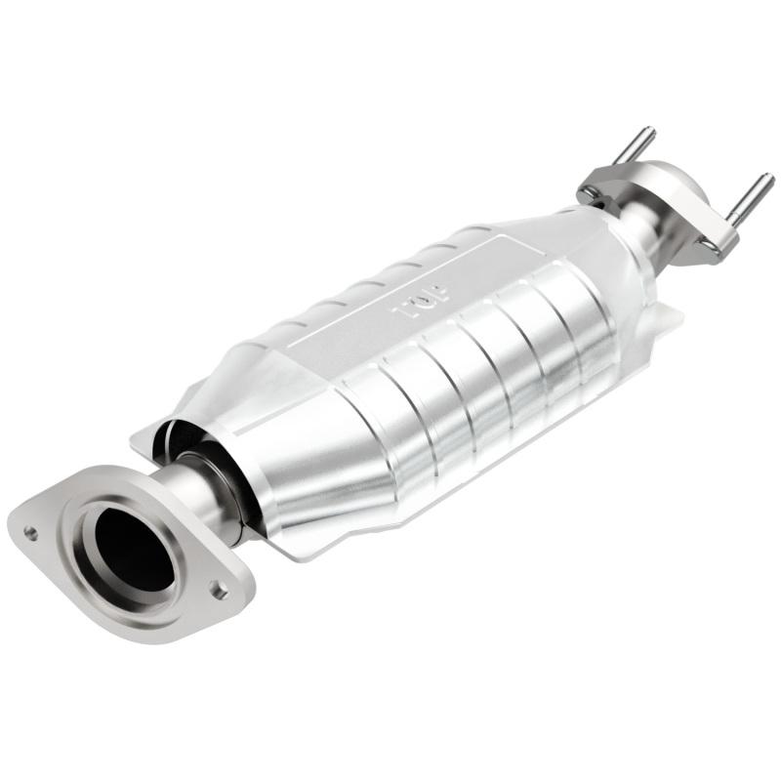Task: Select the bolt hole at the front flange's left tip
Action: click(x=31, y=533)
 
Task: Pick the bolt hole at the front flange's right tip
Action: click(x=221, y=590)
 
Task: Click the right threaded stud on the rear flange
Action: click(x=750, y=195)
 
